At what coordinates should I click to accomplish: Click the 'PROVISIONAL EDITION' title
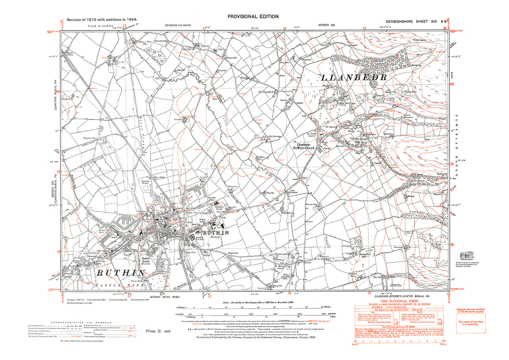coord(253,17)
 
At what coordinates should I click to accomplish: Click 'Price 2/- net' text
coord(158,331)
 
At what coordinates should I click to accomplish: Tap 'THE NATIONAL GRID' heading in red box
coord(399,301)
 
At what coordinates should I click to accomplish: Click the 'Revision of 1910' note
coord(102,20)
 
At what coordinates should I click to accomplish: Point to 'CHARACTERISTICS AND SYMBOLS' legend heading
coord(81,322)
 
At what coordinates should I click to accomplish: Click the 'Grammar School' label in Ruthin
coord(212,199)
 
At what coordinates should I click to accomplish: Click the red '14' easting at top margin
coord(285,28)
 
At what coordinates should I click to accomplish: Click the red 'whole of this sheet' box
coord(471,323)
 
